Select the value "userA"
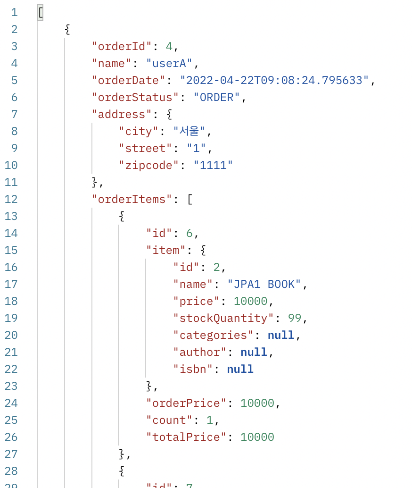click(x=170, y=63)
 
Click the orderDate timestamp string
click(x=274, y=80)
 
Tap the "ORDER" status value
click(x=217, y=97)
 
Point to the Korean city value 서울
click(x=190, y=131)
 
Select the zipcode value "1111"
click(x=214, y=165)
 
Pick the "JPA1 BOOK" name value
click(x=264, y=284)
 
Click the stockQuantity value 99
click(x=295, y=318)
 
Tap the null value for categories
click(x=281, y=335)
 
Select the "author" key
click(x=200, y=352)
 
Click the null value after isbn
click(x=240, y=369)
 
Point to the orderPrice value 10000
click(x=257, y=403)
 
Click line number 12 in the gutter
click(x=11, y=199)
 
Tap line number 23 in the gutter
click(x=11, y=386)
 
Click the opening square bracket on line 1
click(x=41, y=12)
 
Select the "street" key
click(x=146, y=148)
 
